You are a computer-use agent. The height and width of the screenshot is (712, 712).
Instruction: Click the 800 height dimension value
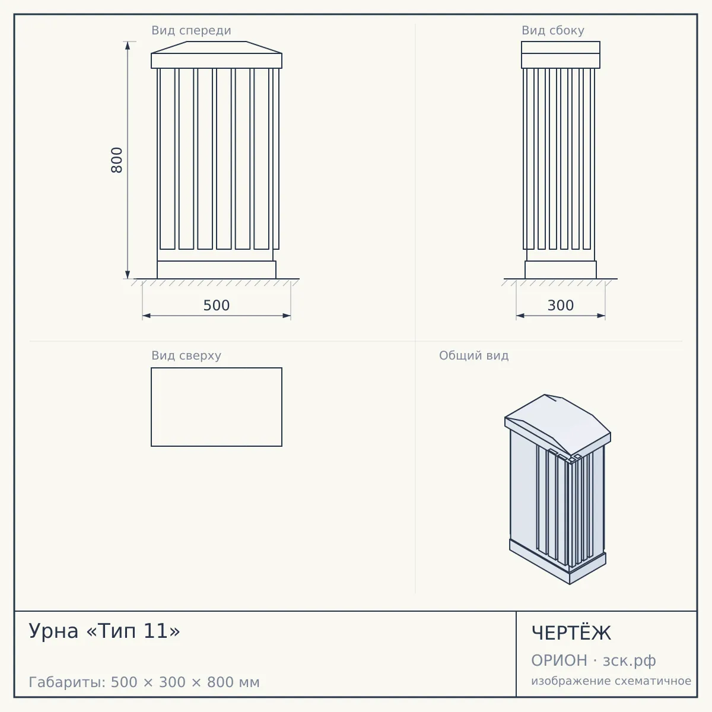tap(117, 160)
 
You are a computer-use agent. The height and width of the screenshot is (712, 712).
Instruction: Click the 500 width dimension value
tap(217, 306)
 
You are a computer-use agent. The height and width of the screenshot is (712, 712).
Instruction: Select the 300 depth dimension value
tap(561, 306)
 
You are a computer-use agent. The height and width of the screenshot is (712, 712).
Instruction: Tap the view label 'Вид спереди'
tap(192, 30)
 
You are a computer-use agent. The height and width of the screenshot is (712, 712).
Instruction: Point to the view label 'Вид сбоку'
tap(553, 30)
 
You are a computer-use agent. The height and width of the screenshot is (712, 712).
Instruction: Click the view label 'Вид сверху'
tap(186, 355)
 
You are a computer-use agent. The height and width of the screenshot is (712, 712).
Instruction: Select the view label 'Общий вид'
tap(473, 355)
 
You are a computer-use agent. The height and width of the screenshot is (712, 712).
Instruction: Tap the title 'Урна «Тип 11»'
tap(104, 631)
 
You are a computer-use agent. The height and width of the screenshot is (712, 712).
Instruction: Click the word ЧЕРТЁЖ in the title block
tap(571, 633)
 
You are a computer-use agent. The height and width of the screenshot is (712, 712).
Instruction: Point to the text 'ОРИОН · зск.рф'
tap(593, 660)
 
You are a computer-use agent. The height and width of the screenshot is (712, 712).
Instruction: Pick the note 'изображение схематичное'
tap(611, 681)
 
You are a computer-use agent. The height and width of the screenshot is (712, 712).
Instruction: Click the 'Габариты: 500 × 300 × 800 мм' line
tap(144, 682)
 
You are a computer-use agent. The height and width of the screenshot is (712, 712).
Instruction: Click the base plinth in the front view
tap(217, 270)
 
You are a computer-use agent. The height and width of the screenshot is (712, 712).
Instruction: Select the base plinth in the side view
tap(561, 270)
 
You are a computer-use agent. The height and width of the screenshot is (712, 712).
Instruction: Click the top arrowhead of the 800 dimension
tap(128, 46)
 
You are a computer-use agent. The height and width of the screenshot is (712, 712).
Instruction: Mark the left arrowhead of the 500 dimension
tap(147, 316)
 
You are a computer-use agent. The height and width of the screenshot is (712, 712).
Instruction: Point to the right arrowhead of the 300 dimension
tap(601, 316)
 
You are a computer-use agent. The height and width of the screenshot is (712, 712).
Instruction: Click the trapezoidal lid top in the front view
tap(217, 47)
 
